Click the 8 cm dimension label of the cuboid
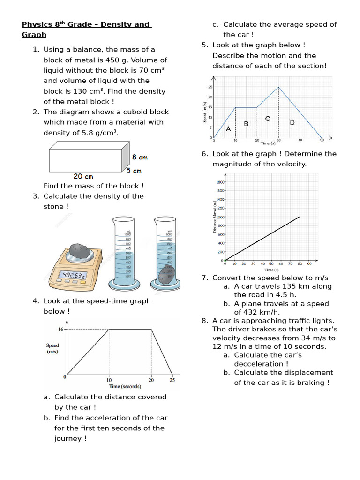point(140,157)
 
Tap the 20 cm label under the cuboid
point(83,177)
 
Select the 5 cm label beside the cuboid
point(134,171)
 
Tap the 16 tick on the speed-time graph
point(60,330)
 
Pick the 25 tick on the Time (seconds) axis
point(172,380)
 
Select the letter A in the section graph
point(228,128)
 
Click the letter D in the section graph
point(292,123)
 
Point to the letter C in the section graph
point(268,119)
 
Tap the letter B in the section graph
point(246,124)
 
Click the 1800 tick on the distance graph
point(220,182)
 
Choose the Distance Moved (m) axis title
point(215,216)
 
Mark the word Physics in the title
point(37,24)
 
